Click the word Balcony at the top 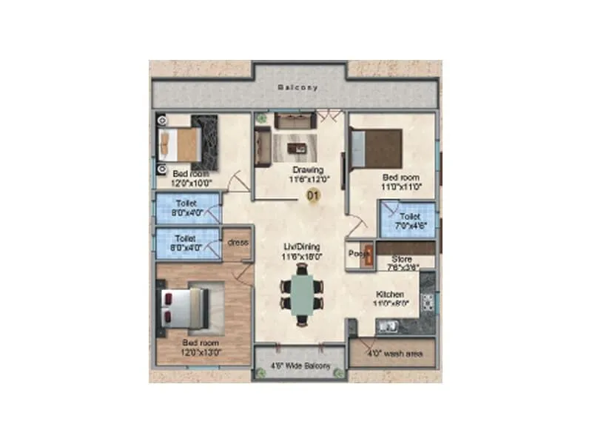pyautogui.click(x=297, y=87)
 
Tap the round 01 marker pyautogui.click(x=312, y=196)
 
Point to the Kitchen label pyautogui.click(x=388, y=295)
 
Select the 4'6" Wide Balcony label pyautogui.click(x=300, y=366)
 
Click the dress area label pyautogui.click(x=238, y=243)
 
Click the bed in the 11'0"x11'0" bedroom pyautogui.click(x=377, y=148)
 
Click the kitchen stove pyautogui.click(x=428, y=303)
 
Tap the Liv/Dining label pyautogui.click(x=303, y=246)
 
